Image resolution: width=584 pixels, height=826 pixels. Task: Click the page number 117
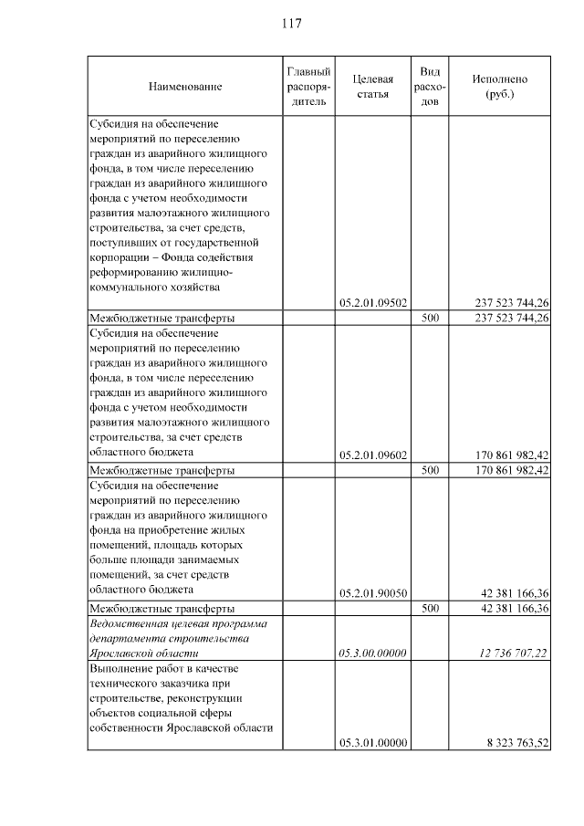click(x=292, y=23)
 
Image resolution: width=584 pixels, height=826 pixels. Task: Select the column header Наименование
click(x=184, y=87)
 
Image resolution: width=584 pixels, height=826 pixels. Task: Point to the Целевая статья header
click(x=372, y=87)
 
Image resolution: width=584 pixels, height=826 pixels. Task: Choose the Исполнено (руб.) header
click(x=499, y=87)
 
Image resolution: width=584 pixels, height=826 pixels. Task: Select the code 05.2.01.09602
click(x=372, y=455)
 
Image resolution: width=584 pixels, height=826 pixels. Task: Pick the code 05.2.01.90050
click(x=372, y=592)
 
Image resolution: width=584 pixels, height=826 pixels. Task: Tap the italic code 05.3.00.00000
click(x=372, y=653)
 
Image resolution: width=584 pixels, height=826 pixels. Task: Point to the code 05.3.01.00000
click(x=372, y=744)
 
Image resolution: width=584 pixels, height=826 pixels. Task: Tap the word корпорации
click(x=119, y=257)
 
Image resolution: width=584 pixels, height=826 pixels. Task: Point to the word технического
click(x=131, y=684)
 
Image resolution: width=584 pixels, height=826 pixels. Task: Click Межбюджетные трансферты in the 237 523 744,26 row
click(x=162, y=319)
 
